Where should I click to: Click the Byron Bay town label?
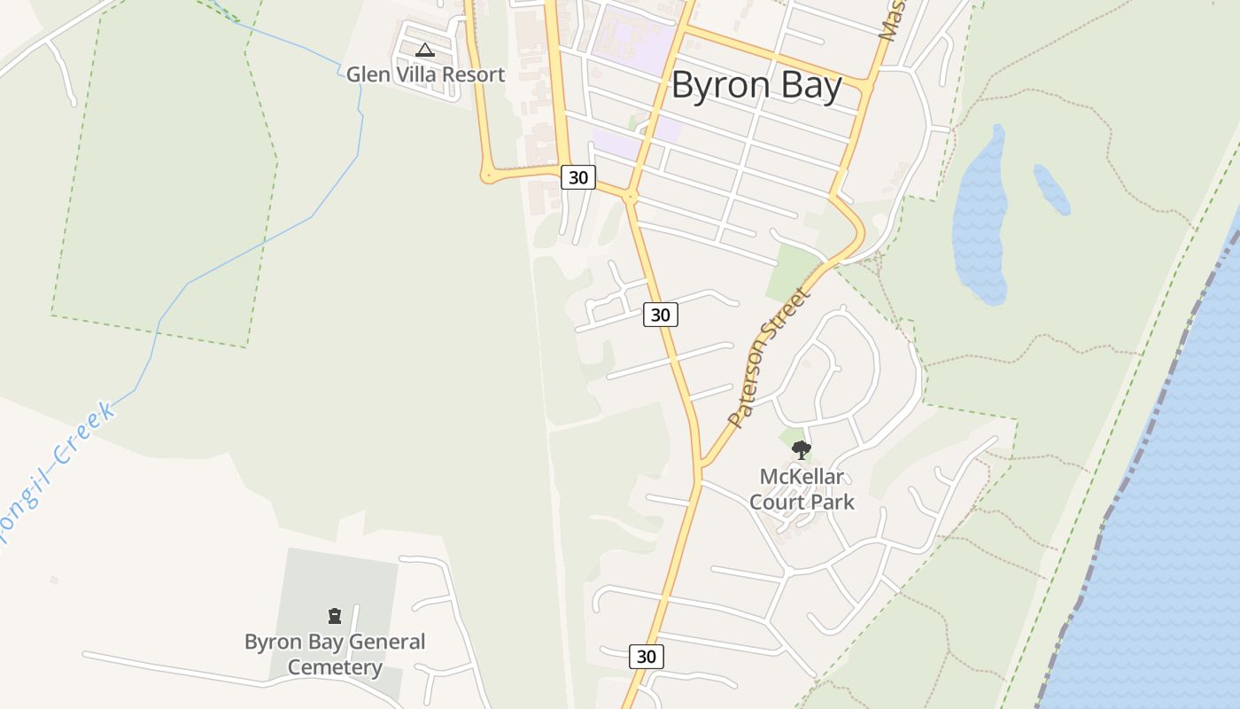(x=756, y=86)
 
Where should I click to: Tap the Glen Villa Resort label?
(x=425, y=74)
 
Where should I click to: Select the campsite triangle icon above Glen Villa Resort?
(x=425, y=51)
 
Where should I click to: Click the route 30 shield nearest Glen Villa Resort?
(x=577, y=177)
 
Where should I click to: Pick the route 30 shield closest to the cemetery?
(x=647, y=656)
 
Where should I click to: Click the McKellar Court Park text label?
(x=802, y=489)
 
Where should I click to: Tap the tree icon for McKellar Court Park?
(x=801, y=450)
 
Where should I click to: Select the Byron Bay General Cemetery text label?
(x=335, y=654)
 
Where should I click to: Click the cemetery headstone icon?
(x=335, y=616)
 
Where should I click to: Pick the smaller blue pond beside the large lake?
(x=1052, y=189)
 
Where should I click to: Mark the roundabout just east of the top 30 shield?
(x=631, y=197)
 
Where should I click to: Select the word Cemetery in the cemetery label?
(x=335, y=667)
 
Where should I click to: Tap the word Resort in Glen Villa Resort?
(x=473, y=74)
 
